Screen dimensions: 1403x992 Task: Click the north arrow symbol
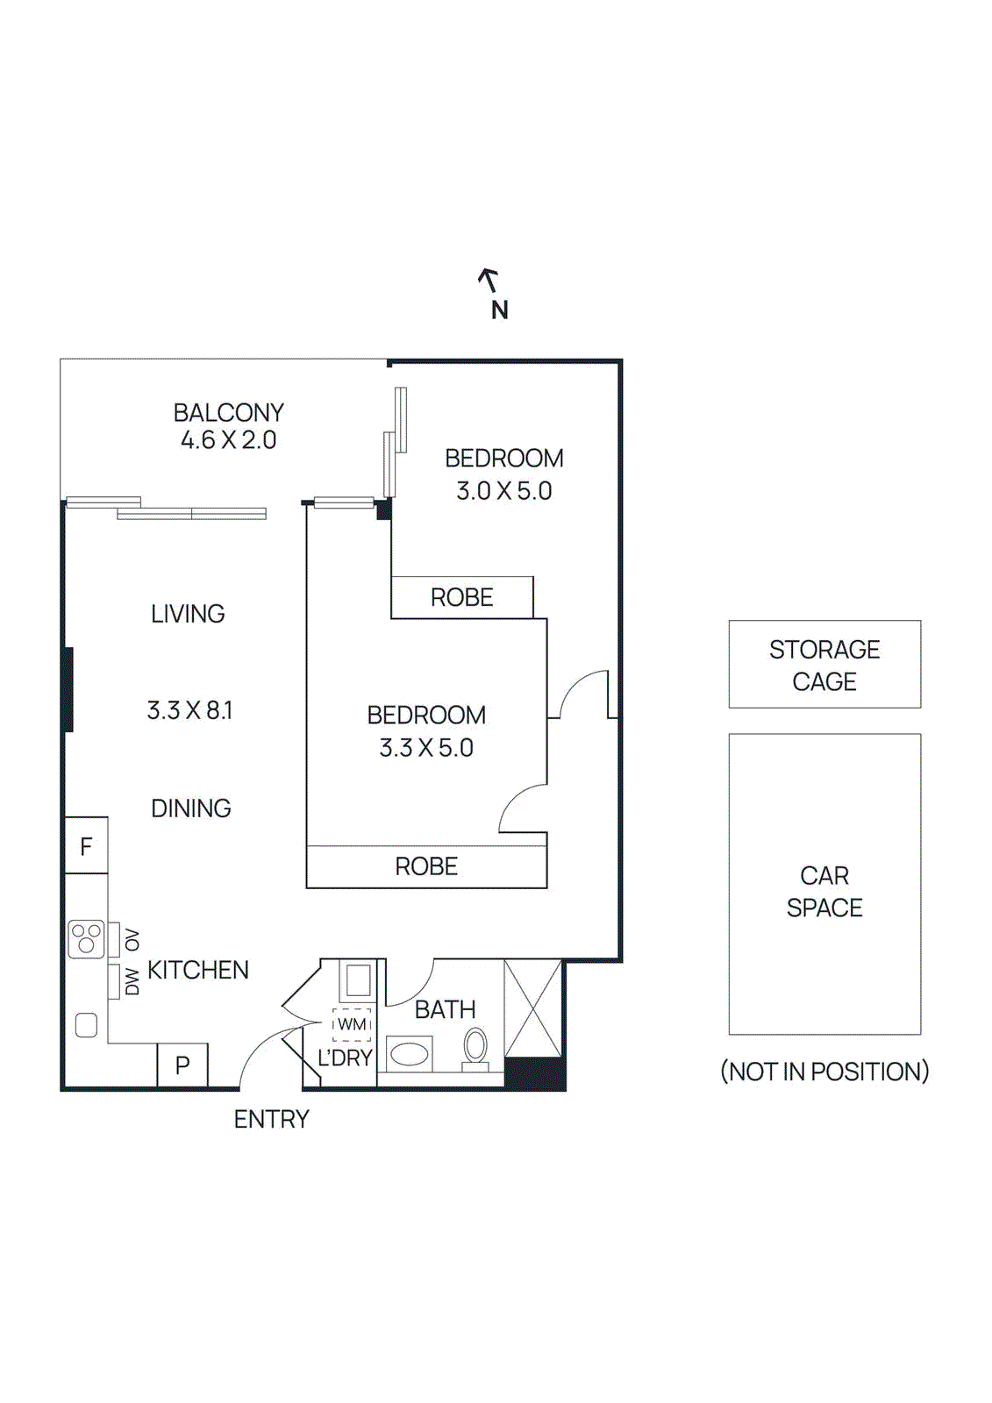[x=489, y=281]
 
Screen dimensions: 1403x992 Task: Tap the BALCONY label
[x=228, y=412]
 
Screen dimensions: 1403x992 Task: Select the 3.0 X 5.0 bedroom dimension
[x=503, y=491]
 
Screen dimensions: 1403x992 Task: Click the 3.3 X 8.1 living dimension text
[x=189, y=710]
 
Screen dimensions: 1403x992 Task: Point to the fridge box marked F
[x=86, y=846]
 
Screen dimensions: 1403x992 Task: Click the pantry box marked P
[x=182, y=1065]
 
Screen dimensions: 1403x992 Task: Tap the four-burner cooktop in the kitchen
[x=86, y=938]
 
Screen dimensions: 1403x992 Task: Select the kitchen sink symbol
[x=86, y=1024]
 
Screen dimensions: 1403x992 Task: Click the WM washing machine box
[x=352, y=1024]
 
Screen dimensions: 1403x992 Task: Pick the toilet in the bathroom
[x=475, y=1048]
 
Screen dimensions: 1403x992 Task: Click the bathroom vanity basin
[x=409, y=1053]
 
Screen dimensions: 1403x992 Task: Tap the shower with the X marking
[x=532, y=1008]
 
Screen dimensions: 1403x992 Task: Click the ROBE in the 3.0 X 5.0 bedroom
[x=461, y=598]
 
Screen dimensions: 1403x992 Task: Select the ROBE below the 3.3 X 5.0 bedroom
[x=426, y=866]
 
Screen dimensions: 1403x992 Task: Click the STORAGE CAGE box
[x=824, y=665]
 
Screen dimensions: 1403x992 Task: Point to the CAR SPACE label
[x=824, y=892]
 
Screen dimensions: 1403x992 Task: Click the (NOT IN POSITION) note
[x=824, y=1072]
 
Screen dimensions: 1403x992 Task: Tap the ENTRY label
[x=271, y=1120]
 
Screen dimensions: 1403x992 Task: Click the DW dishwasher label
[x=132, y=981]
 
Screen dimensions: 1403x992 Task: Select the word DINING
[x=191, y=808]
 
